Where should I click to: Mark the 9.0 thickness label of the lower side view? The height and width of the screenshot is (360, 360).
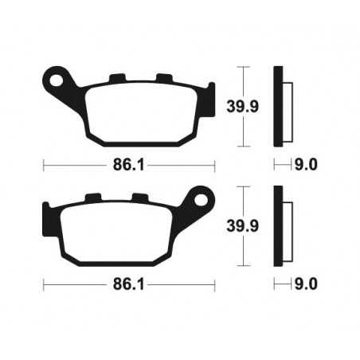click(x=307, y=283)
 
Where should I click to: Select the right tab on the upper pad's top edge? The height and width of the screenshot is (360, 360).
click(x=165, y=77)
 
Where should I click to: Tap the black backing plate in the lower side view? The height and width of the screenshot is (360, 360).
click(x=278, y=225)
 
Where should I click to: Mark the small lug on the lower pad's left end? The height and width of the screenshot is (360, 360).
click(x=45, y=209)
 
